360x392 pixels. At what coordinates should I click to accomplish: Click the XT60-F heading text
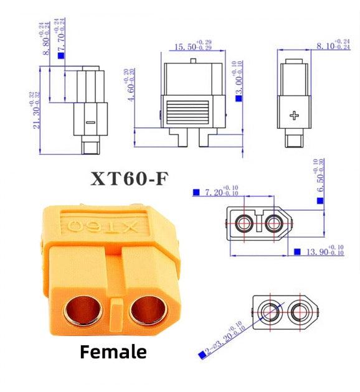[x=129, y=178]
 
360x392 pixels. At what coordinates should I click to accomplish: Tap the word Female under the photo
[x=113, y=352]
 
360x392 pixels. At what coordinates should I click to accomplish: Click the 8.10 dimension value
[x=333, y=45]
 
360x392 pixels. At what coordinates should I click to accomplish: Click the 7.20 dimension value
[x=220, y=193]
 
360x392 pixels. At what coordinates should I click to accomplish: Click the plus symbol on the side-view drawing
[x=295, y=116]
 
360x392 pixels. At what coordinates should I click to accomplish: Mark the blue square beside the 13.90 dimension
[x=297, y=252]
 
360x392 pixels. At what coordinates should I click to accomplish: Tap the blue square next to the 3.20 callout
[x=201, y=355]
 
